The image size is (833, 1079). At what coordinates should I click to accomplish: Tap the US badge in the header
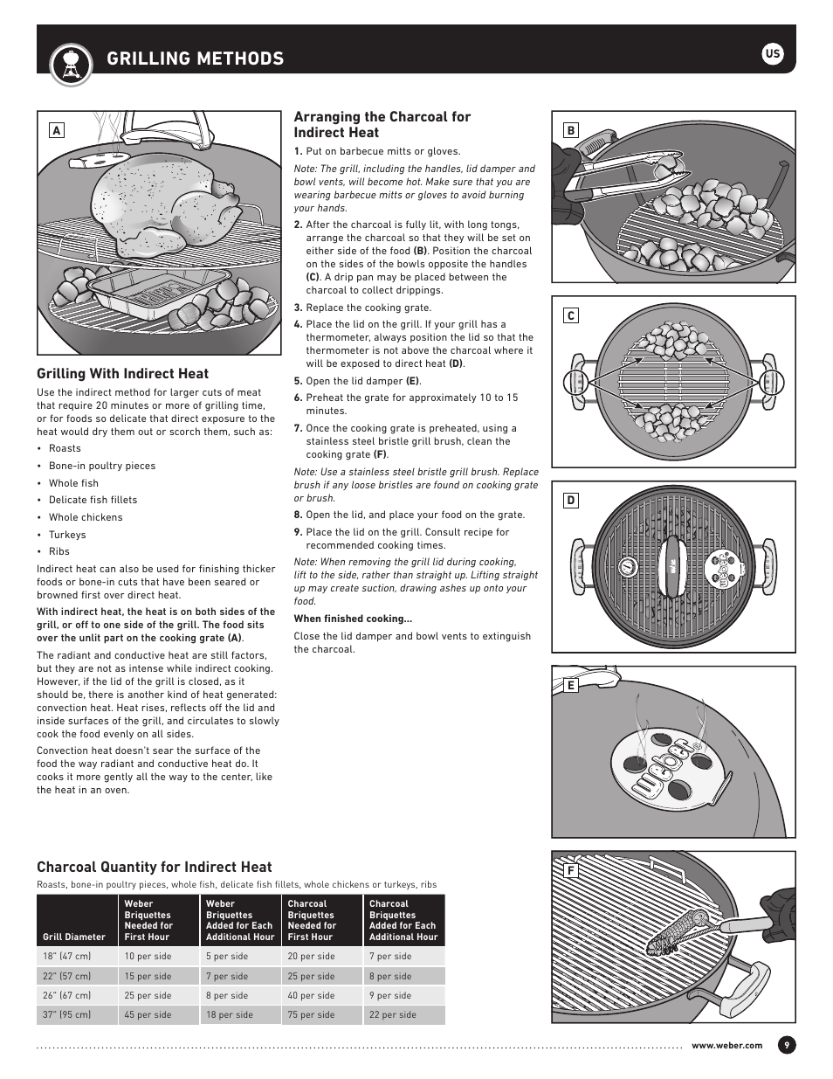pyautogui.click(x=772, y=54)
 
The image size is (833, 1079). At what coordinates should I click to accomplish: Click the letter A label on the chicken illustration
pyautogui.click(x=56, y=130)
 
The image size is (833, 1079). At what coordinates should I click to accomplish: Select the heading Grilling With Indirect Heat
pyautogui.click(x=123, y=374)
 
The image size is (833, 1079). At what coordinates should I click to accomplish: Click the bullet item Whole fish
pyautogui.click(x=73, y=483)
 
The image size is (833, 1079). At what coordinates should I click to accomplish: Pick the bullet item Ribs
pyautogui.click(x=59, y=551)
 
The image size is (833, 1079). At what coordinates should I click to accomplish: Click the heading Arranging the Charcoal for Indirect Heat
pyautogui.click(x=382, y=124)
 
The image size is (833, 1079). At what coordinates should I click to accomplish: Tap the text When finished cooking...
pyautogui.click(x=353, y=619)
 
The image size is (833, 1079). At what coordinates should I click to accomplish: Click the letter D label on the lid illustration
pyautogui.click(x=570, y=501)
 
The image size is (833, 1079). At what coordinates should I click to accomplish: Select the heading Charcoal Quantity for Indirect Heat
pyautogui.click(x=155, y=867)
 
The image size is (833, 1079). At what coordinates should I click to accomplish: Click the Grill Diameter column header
pyautogui.click(x=74, y=937)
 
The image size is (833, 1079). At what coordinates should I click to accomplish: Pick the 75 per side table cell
pyautogui.click(x=311, y=1014)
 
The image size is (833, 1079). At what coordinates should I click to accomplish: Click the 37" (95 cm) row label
pyautogui.click(x=67, y=1014)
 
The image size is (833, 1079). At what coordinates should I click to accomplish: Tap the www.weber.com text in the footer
pyautogui.click(x=726, y=1045)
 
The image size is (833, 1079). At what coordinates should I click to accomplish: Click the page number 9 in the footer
pyautogui.click(x=786, y=1045)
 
